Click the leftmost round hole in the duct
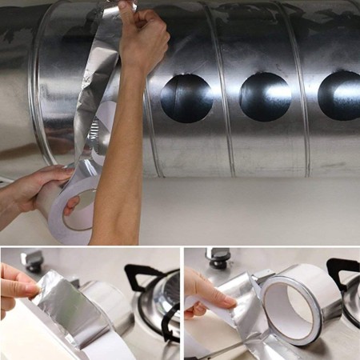tap(186, 97)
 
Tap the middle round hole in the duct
tap(265, 97)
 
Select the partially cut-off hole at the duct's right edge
tap(340, 95)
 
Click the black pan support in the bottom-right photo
tap(342, 272)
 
